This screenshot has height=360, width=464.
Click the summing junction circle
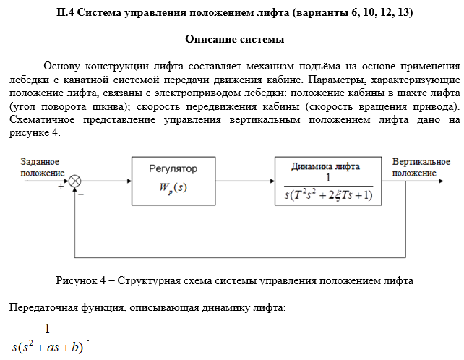[75, 181]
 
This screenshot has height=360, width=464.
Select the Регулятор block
[173, 181]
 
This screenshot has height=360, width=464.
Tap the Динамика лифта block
[329, 181]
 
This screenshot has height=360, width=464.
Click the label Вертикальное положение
[421, 168]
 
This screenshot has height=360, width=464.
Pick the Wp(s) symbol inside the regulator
[173, 189]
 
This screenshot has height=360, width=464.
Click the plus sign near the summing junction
[61, 187]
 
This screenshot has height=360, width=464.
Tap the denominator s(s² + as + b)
[48, 348]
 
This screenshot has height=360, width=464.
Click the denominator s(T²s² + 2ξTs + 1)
[329, 196]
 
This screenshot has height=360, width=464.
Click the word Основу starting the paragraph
[64, 66]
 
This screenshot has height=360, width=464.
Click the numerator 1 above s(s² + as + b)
[48, 329]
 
